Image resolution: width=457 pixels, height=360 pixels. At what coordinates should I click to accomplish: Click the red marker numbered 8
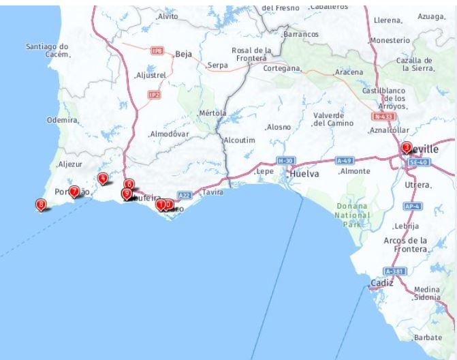tap(42, 204)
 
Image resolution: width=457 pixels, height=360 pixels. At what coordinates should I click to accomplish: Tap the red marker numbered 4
tap(103, 179)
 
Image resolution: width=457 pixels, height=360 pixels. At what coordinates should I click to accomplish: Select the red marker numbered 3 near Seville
tap(407, 147)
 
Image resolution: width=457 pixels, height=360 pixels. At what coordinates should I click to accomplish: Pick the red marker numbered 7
tap(74, 192)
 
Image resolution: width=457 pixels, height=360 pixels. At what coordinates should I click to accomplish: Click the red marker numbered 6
tap(129, 184)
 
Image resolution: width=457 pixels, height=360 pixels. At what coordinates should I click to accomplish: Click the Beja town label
tap(184, 53)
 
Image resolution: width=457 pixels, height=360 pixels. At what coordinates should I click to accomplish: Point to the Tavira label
tap(213, 192)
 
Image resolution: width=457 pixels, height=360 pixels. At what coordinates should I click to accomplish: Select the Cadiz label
tap(382, 282)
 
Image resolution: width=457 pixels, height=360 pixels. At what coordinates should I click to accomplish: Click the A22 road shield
tap(184, 195)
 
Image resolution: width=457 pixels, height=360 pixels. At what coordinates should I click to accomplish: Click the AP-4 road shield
tap(412, 205)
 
